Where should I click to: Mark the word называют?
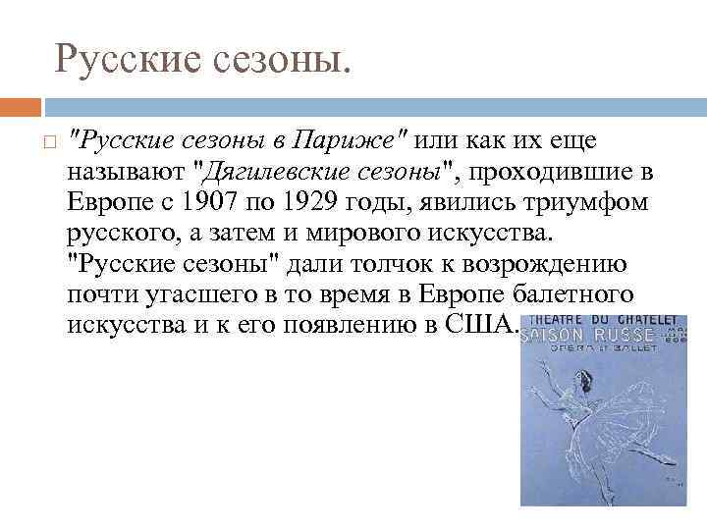128,173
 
